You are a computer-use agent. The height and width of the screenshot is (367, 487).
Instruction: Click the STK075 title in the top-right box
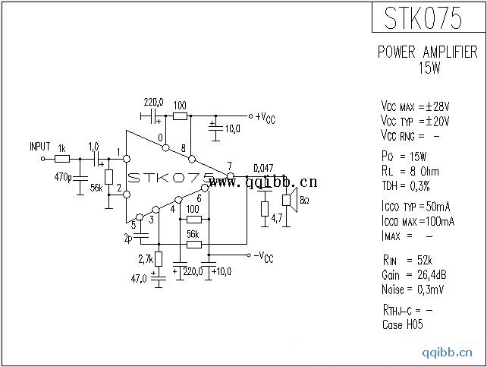(426, 18)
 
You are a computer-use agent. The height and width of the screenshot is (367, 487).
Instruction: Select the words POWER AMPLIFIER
(428, 52)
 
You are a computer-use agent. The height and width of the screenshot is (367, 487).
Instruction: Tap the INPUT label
(39, 146)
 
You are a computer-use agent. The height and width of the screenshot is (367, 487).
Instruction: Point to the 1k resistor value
(61, 147)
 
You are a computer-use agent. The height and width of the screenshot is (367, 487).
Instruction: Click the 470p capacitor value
(64, 178)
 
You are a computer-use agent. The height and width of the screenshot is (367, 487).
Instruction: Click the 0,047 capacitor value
(263, 167)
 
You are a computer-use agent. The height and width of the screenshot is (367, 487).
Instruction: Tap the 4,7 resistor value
(277, 218)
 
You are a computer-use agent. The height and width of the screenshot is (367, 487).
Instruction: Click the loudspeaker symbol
(287, 200)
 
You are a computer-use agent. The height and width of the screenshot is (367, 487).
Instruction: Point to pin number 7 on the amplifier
(229, 166)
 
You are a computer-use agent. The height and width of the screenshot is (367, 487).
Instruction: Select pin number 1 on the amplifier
(119, 152)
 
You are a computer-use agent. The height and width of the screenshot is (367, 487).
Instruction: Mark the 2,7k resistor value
(146, 260)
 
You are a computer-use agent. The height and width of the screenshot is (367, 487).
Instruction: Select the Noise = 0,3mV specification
(419, 289)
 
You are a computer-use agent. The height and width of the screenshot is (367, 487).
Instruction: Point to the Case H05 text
(403, 324)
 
